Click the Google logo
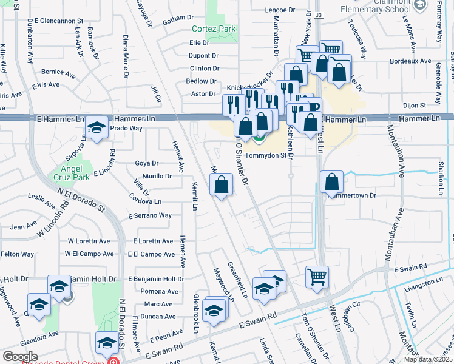pos(20,357)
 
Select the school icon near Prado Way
pos(96,127)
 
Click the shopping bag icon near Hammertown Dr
pos(332,182)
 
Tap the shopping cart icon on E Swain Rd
pos(317,277)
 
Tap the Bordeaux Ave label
pos(411,61)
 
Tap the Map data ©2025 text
pos(428,359)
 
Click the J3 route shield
pos(320,14)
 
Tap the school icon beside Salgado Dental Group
pos(107,343)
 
